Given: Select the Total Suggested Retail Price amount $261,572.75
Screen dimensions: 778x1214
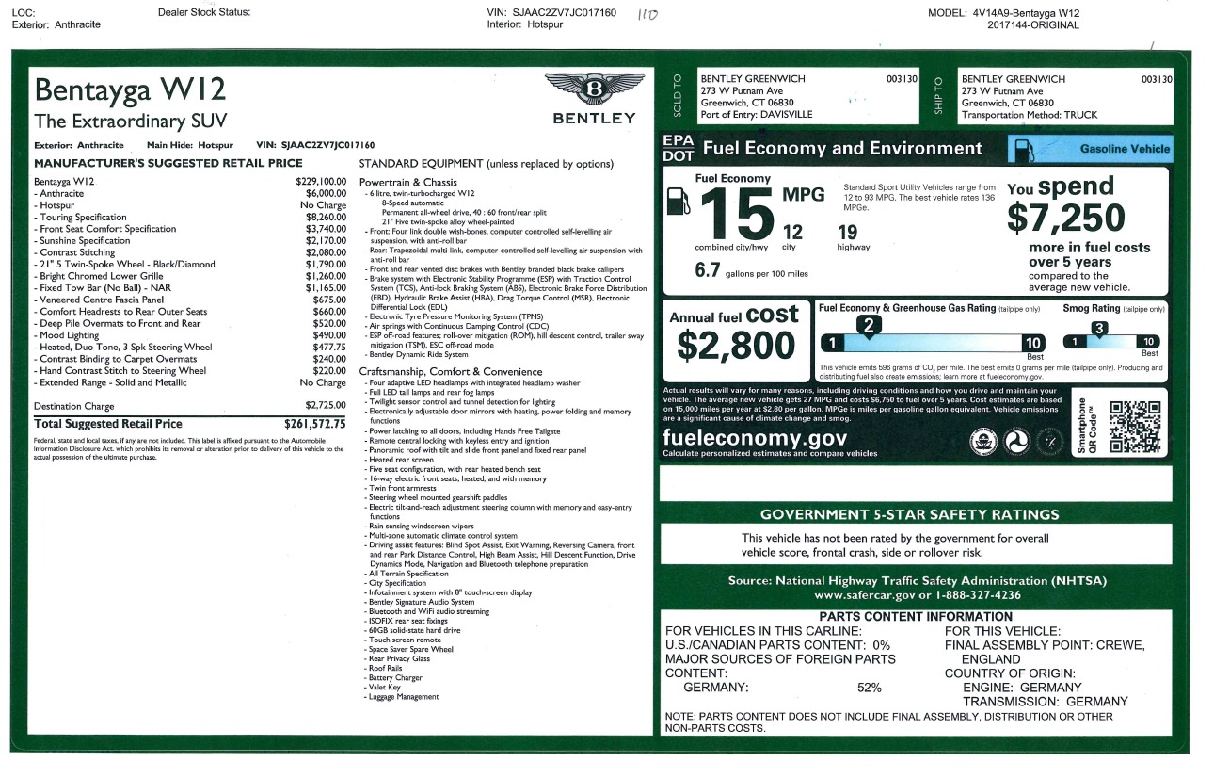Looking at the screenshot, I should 315,424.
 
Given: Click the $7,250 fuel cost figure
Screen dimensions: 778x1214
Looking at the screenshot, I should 1066,219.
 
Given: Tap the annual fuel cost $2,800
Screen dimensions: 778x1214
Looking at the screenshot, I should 735,347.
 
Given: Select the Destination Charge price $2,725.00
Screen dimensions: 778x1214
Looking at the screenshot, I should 324,406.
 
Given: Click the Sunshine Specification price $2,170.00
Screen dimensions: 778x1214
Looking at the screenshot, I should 324,240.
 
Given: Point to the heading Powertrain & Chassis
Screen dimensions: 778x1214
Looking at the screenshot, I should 408,182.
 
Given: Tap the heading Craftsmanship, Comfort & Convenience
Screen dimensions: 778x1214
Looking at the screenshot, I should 451,372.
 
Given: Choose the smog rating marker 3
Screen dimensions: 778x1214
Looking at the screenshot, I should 1098,329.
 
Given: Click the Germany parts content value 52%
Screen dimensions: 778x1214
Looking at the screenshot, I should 869,688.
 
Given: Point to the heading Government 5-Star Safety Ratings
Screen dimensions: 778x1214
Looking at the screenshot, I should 909,514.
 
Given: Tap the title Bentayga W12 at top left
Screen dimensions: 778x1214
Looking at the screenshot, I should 130,91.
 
